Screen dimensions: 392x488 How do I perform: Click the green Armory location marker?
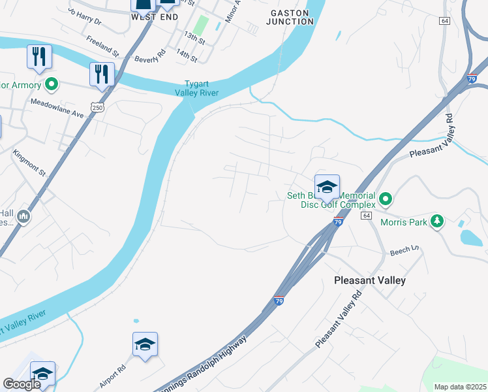tap(52, 84)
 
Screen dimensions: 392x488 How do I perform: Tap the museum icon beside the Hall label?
tap(23, 216)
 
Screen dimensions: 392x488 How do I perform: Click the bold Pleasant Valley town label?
tap(369, 280)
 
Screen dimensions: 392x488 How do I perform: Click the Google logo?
tap(22, 384)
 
